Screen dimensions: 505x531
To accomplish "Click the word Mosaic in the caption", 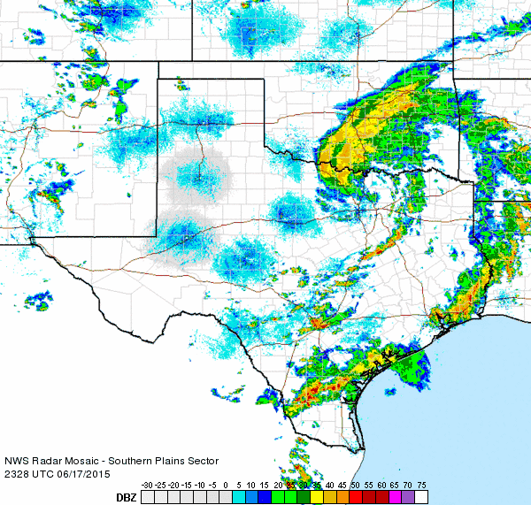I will [x=81, y=461].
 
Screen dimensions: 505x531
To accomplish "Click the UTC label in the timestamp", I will [x=43, y=473].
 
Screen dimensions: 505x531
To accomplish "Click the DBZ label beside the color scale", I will [x=127, y=498].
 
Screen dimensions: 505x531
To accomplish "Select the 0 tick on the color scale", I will [x=227, y=486].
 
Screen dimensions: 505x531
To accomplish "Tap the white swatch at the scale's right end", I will [x=420, y=498].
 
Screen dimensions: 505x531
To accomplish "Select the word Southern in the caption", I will [x=128, y=461].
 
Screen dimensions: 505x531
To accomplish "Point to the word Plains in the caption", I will [x=167, y=461].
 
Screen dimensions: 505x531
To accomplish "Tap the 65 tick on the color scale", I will [x=393, y=486].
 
